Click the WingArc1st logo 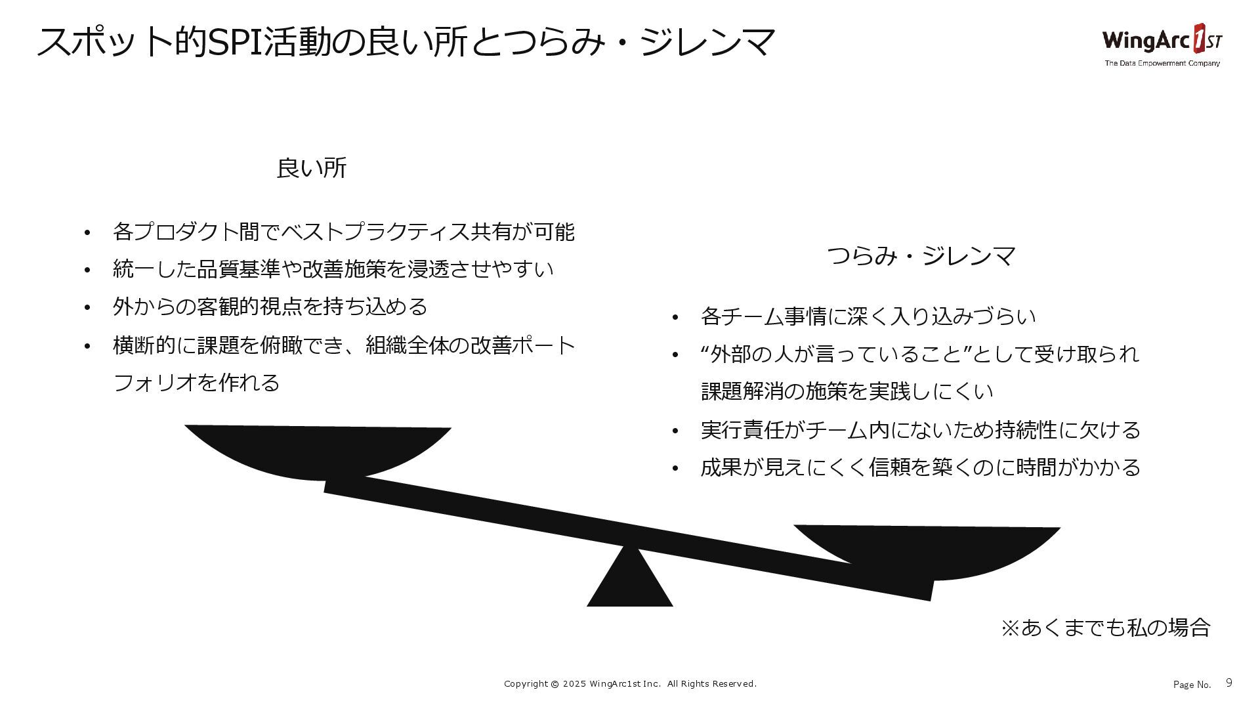pos(1162,41)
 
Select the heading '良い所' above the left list pos(311,169)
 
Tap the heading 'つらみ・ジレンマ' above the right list pos(921,256)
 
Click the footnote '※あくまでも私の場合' pos(1105,628)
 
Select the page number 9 pos(1228,683)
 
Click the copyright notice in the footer pos(630,684)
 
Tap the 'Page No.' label pos(1192,685)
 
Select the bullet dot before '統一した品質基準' pos(87,270)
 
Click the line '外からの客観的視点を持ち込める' pos(270,307)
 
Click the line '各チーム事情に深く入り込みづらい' pos(868,316)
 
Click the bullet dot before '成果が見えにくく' pos(675,469)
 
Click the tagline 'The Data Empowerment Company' pos(1162,64)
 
